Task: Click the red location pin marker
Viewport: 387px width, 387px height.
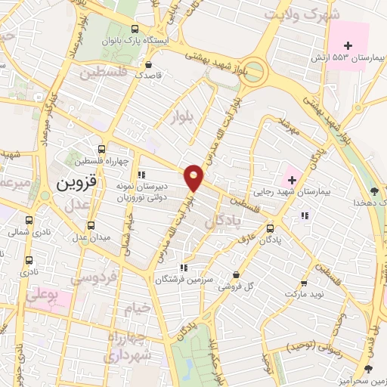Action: (x=194, y=177)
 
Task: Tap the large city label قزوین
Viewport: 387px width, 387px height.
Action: (x=73, y=182)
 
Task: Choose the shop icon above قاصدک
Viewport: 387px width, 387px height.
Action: (x=149, y=64)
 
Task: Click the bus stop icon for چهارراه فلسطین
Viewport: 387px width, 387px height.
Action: (x=103, y=149)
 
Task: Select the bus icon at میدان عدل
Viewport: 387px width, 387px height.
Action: (x=92, y=224)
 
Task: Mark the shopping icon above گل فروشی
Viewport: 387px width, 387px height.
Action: (x=237, y=275)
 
